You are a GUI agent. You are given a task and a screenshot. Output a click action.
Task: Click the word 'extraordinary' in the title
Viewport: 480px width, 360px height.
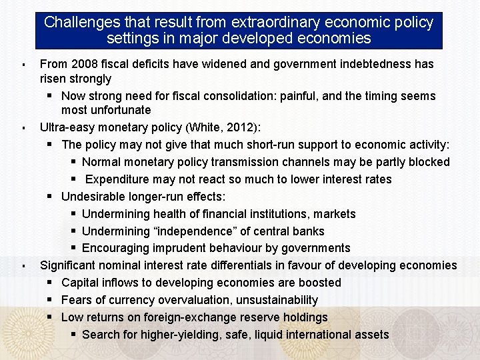250,22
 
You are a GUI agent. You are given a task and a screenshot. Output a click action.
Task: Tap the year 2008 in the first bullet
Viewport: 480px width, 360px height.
81,64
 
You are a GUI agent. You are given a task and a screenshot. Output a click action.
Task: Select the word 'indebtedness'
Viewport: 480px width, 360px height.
359,64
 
